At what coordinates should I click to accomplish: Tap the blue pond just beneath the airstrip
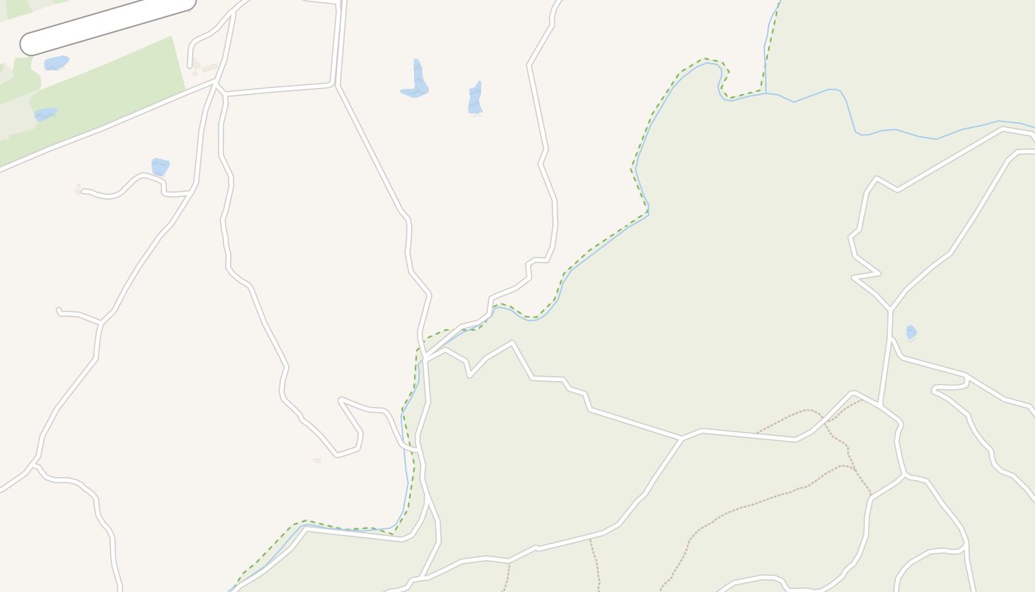[x=56, y=63]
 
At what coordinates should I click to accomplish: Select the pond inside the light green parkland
[x=45, y=114]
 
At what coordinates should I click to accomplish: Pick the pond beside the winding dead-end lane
[x=160, y=166]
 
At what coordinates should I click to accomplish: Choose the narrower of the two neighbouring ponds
[x=475, y=99]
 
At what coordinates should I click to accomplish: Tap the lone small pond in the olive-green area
[x=911, y=332]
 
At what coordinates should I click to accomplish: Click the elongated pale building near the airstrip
[x=210, y=68]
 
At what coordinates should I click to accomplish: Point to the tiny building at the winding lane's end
[x=78, y=191]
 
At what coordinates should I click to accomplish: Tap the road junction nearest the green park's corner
[x=215, y=84]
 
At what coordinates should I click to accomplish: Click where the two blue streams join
[x=765, y=92]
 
